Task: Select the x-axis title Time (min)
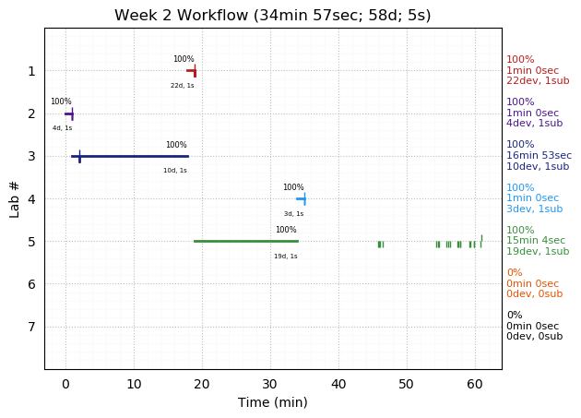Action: (x=272, y=402)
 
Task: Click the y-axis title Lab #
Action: (x=15, y=198)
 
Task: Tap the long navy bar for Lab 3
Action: (x=129, y=156)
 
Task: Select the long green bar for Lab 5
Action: (x=245, y=241)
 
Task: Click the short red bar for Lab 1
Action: (x=191, y=70)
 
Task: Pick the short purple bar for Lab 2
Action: (x=68, y=113)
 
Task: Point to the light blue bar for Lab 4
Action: (x=300, y=198)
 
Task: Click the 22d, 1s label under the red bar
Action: (x=182, y=86)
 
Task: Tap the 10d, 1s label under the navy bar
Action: (x=174, y=171)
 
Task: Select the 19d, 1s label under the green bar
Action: (x=285, y=257)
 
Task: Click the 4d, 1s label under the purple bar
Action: (x=62, y=128)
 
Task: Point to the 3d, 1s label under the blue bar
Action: (x=293, y=214)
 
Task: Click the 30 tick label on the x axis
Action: (x=270, y=384)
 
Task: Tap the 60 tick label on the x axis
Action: (x=475, y=384)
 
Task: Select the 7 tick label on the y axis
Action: (x=31, y=327)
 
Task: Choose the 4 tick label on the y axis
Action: (x=31, y=198)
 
